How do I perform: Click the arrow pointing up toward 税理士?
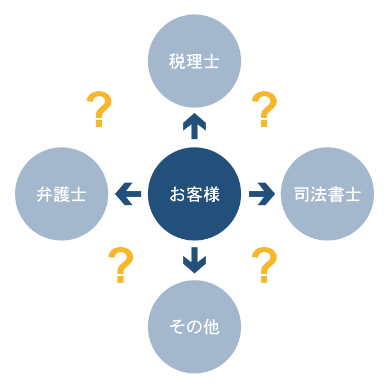[x=194, y=126]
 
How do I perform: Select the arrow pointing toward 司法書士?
[x=262, y=194]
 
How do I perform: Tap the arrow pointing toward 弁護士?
[x=127, y=194]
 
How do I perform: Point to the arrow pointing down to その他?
[x=194, y=260]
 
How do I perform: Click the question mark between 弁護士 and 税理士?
[x=100, y=109]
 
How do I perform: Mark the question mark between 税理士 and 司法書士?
[x=265, y=109]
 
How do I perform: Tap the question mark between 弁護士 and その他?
[x=121, y=264]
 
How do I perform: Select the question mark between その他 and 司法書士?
[x=265, y=264]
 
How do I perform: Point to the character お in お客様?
[x=178, y=195]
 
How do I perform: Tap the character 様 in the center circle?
[x=211, y=195]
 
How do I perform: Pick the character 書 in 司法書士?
[x=336, y=195]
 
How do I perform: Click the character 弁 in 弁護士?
[x=45, y=195]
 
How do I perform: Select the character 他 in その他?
[x=211, y=327]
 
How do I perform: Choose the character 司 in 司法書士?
[x=302, y=195]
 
